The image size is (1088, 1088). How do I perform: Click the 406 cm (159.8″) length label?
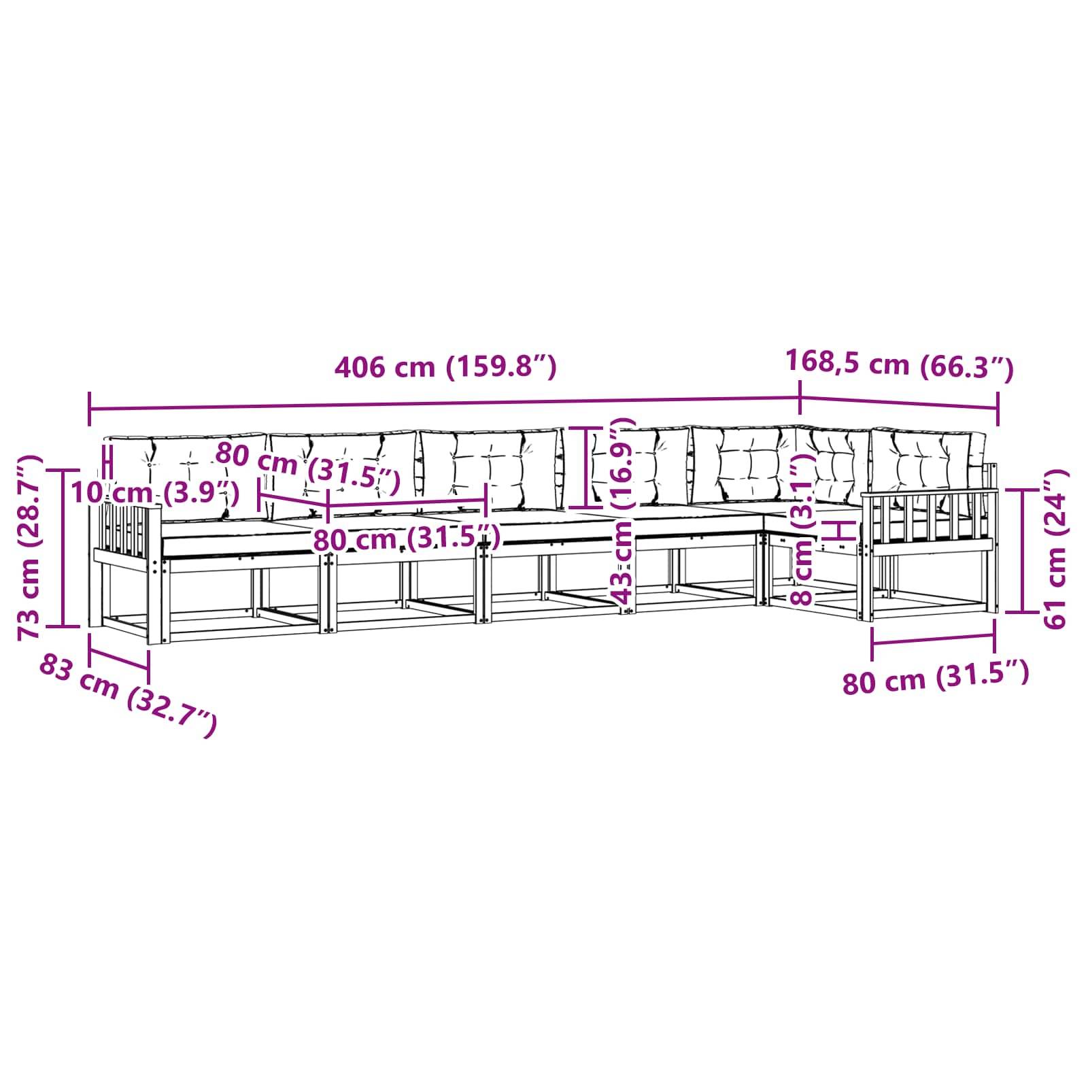(x=446, y=367)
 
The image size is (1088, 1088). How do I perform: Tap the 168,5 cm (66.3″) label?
(x=900, y=366)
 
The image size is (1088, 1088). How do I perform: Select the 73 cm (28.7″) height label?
(x=30, y=548)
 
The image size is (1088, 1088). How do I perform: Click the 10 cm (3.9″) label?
(x=154, y=492)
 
